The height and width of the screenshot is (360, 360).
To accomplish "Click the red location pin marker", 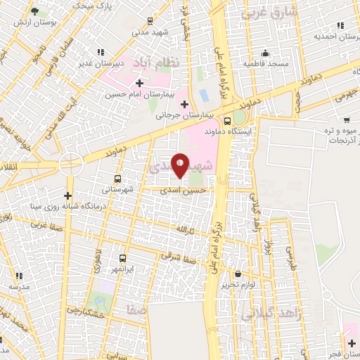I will pos(180,164).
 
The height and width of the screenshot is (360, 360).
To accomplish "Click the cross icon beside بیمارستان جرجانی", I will pos(184,105).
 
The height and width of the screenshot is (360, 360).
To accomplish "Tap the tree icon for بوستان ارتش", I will pos(34,11).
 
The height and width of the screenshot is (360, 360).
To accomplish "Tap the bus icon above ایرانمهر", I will pos(123,259).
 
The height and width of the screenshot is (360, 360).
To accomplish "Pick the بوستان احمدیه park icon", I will pos(340,25).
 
